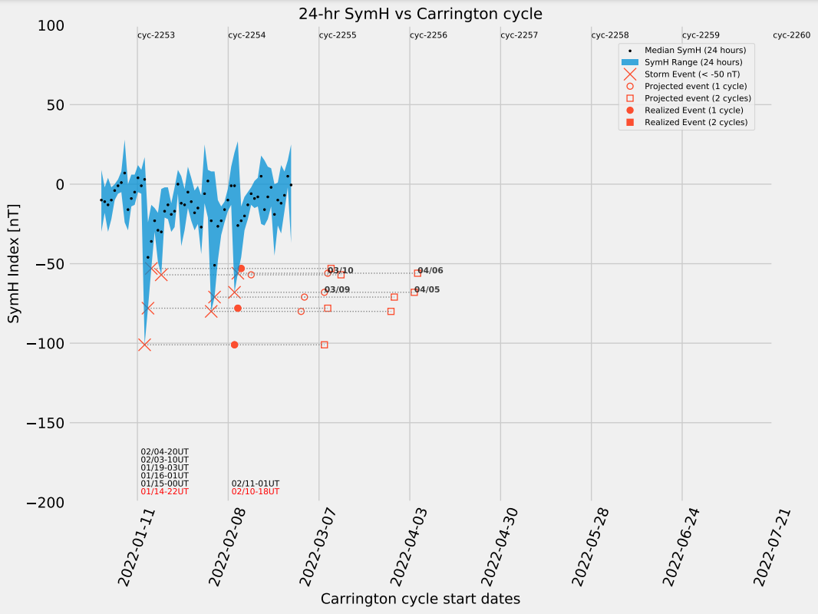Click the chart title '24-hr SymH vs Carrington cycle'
point(420,13)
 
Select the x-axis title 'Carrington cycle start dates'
point(420,599)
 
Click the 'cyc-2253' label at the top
point(156,35)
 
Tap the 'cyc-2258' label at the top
point(610,35)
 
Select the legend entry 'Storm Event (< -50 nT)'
point(692,74)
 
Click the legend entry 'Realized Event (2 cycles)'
point(696,122)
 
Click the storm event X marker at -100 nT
point(144,345)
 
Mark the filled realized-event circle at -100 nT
point(234,345)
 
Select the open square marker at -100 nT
point(324,345)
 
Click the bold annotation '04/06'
point(430,270)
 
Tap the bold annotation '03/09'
point(337,289)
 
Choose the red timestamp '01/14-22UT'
point(164,491)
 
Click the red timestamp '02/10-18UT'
point(256,491)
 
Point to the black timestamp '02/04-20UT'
point(164,451)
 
